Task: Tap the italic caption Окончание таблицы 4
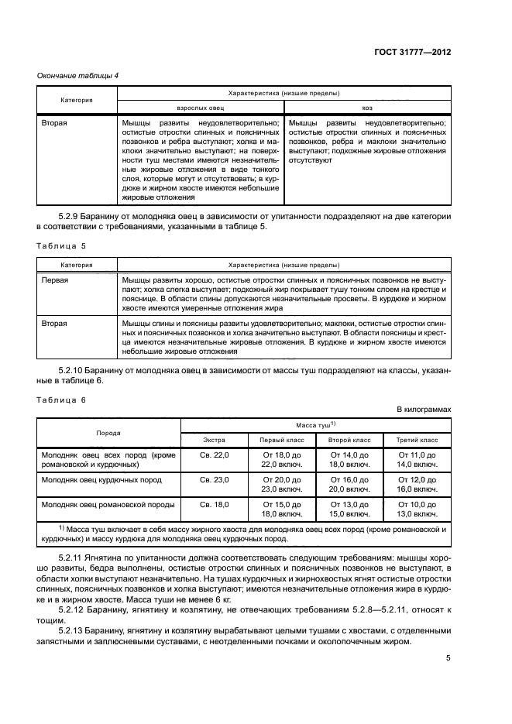pyautogui.click(x=78, y=75)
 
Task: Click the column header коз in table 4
pyautogui.click(x=366, y=108)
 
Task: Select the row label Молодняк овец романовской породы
pyautogui.click(x=108, y=504)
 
